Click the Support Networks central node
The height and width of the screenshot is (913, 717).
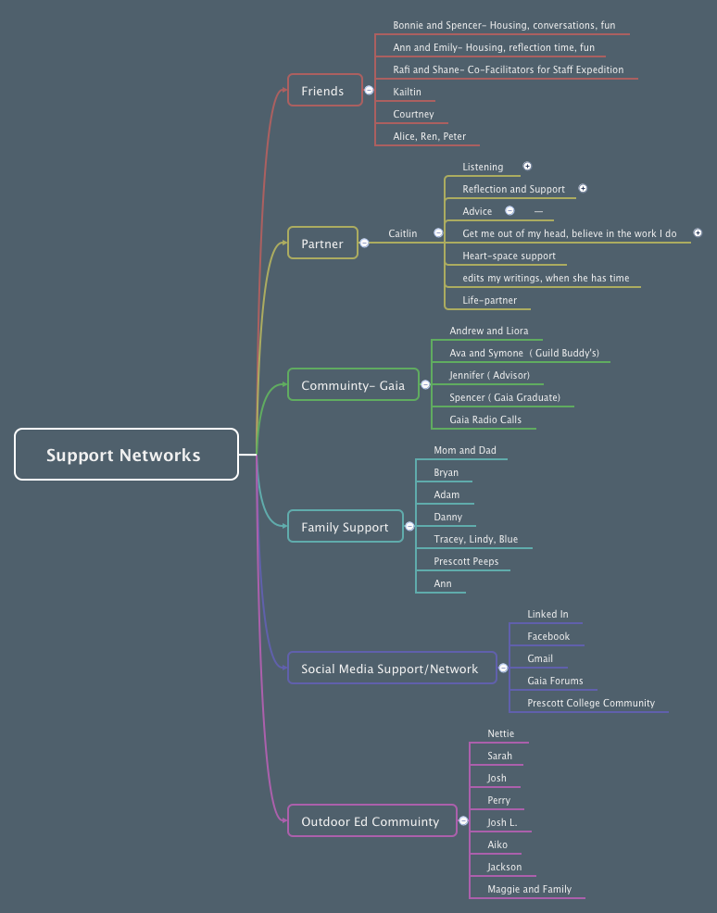point(126,455)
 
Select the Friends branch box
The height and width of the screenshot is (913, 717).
point(324,91)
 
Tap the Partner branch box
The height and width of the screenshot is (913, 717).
point(322,244)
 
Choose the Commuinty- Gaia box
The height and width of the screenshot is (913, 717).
point(353,385)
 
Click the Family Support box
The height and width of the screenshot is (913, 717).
point(345,527)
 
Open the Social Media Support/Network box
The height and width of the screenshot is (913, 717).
point(390,669)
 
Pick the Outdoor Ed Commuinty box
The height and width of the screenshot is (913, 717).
point(371,821)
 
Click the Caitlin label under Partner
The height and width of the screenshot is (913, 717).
point(402,233)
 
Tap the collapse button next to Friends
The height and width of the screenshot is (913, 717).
point(369,91)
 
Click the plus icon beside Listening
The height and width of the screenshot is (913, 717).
point(527,167)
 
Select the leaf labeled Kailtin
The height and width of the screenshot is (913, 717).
point(407,92)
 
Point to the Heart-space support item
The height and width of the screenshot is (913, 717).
point(509,256)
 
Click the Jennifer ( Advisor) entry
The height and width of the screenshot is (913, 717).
point(489,375)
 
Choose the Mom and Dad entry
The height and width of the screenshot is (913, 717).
point(464,450)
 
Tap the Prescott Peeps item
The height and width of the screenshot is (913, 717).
point(466,561)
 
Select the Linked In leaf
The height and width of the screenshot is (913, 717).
point(547,614)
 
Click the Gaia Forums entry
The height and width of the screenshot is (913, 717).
point(555,681)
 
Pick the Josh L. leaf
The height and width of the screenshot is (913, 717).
point(502,822)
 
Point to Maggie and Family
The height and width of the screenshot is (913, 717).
point(529,889)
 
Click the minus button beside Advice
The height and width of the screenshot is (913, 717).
point(509,211)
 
